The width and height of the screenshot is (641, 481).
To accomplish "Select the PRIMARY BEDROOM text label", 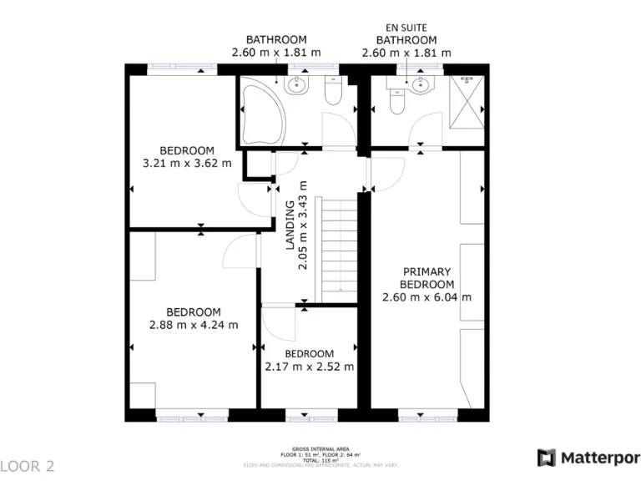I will pyautogui.click(x=426, y=277).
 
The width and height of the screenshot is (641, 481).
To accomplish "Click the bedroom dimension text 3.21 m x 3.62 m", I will pyautogui.click(x=188, y=163).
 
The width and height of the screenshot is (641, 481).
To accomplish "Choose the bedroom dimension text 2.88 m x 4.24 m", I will pyautogui.click(x=193, y=325).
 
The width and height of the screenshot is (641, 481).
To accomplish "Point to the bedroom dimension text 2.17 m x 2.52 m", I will pyautogui.click(x=309, y=366).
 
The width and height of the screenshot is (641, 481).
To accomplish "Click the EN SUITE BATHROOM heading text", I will pyautogui.click(x=406, y=34).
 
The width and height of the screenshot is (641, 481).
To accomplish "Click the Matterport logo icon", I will pyautogui.click(x=547, y=458).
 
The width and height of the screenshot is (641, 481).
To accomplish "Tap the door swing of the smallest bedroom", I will pyautogui.click(x=279, y=324).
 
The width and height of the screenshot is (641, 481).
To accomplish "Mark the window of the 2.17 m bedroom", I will pyautogui.click(x=310, y=413).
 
